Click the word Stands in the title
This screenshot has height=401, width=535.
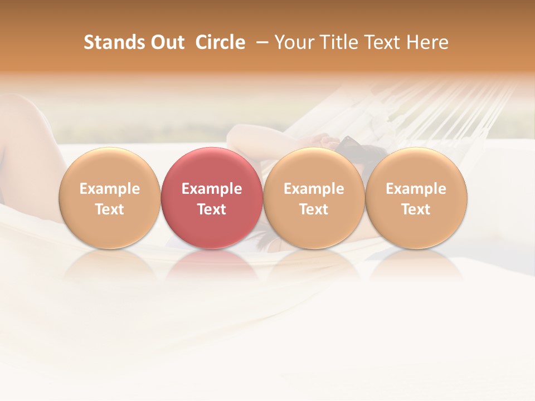[106, 42]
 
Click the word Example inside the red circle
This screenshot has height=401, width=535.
[212, 189]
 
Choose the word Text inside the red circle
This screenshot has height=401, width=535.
[212, 209]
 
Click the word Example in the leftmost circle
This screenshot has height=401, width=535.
[110, 189]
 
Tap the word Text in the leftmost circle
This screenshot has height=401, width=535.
[110, 209]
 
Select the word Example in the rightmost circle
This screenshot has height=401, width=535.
[416, 189]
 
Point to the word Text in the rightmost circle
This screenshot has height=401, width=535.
[416, 209]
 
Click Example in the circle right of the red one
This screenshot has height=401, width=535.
[314, 189]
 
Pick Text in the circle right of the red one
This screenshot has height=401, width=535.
[314, 209]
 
